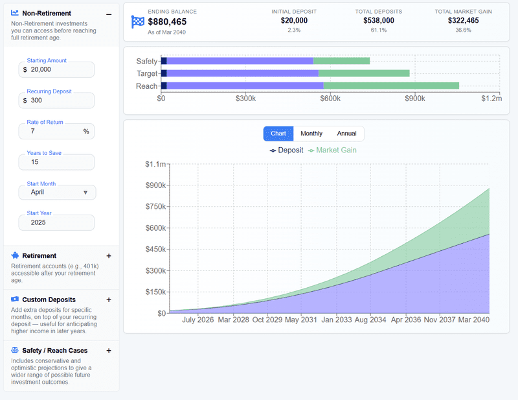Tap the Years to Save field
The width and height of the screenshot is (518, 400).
(57, 162)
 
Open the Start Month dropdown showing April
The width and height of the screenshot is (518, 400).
(58, 193)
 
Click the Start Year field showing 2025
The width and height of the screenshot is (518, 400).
(57, 222)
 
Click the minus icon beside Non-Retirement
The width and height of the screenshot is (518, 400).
(109, 14)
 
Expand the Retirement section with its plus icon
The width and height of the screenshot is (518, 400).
(109, 256)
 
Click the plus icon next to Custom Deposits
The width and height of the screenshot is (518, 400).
(109, 300)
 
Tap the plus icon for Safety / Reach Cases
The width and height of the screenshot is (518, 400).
(109, 351)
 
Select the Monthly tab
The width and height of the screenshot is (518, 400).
(311, 134)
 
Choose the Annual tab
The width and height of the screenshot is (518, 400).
(346, 134)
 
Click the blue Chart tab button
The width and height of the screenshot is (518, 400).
(278, 134)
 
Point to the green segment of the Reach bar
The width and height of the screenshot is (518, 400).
(391, 86)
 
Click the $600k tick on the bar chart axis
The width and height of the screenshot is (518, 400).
(330, 99)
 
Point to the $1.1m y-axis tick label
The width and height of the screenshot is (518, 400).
(155, 165)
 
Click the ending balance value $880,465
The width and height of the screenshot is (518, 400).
(167, 22)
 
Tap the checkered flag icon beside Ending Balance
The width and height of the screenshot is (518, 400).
(138, 21)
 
